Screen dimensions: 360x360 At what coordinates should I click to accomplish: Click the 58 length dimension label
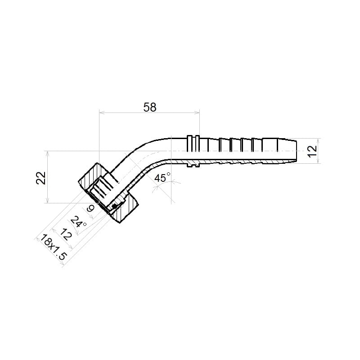150,107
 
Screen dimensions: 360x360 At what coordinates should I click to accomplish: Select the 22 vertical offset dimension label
41,178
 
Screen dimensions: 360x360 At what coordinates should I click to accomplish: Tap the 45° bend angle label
162,178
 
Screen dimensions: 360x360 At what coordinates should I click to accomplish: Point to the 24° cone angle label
78,221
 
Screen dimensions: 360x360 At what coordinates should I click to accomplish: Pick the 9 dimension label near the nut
90,208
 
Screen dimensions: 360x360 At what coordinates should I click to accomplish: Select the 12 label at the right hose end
312,151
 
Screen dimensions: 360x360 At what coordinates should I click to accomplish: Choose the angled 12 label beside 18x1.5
66,234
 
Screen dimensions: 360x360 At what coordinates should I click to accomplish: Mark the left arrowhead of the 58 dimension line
102,112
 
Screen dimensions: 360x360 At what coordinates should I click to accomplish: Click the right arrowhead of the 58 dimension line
197,112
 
